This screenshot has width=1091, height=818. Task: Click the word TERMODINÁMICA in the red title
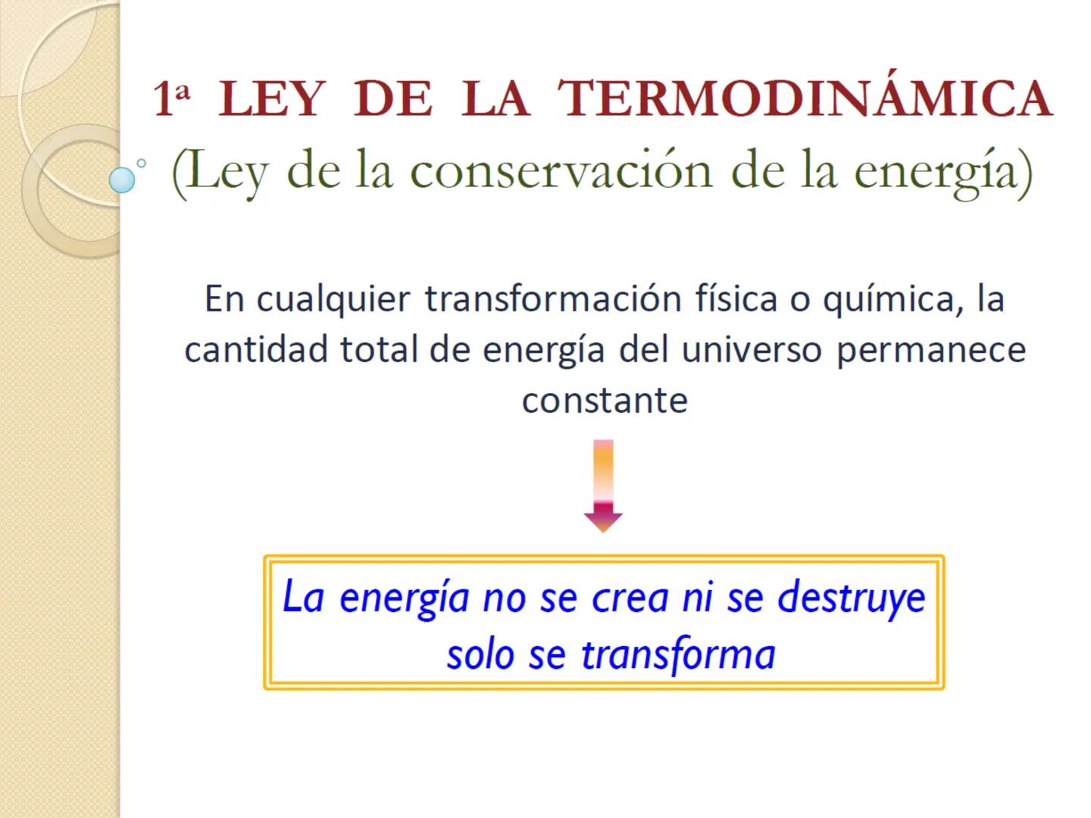point(805,98)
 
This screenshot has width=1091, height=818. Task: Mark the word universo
point(751,350)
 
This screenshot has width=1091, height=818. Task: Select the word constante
point(605,400)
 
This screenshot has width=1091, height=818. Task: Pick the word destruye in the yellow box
point(852,598)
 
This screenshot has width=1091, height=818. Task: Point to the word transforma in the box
point(679,655)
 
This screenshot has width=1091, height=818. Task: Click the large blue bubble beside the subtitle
point(122,180)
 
